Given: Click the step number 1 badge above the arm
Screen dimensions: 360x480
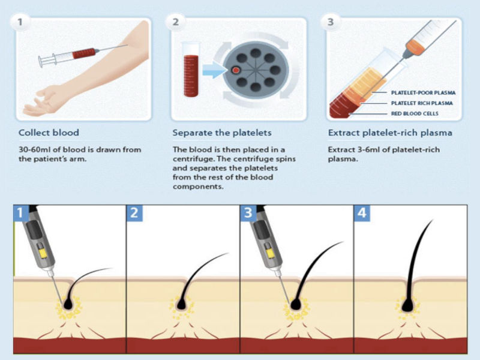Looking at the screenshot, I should tap(22, 23).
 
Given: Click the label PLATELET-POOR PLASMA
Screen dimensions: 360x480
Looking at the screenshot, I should tap(423, 93).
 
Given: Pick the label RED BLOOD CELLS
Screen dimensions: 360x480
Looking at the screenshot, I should tap(413, 113).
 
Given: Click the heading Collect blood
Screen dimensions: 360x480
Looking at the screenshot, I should tap(49, 133).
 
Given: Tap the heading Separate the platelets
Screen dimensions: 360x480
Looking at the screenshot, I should tap(222, 133).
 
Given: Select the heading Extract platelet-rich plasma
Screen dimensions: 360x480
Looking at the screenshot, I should tap(390, 133).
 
